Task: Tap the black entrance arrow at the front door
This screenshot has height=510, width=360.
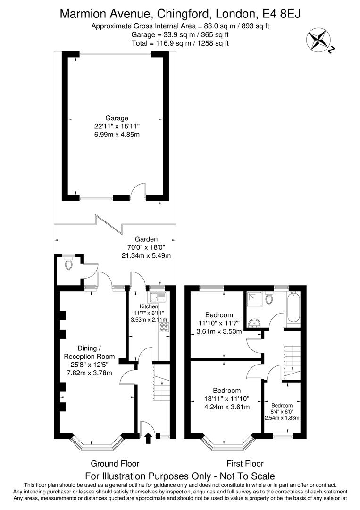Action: (149, 438)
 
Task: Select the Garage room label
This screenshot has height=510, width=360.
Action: (117, 118)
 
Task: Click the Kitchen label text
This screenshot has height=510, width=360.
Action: (149, 306)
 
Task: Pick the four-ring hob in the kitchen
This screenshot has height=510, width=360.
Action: (164, 327)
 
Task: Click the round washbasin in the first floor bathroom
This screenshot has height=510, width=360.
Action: (254, 323)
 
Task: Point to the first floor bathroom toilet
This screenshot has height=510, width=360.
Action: (268, 298)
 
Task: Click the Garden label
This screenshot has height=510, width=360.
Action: (146, 239)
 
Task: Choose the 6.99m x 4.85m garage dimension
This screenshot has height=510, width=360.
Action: (117, 134)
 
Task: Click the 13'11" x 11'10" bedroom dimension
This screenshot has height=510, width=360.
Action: (227, 399)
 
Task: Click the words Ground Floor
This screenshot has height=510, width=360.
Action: (115, 464)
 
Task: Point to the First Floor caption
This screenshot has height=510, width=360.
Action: (245, 464)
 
